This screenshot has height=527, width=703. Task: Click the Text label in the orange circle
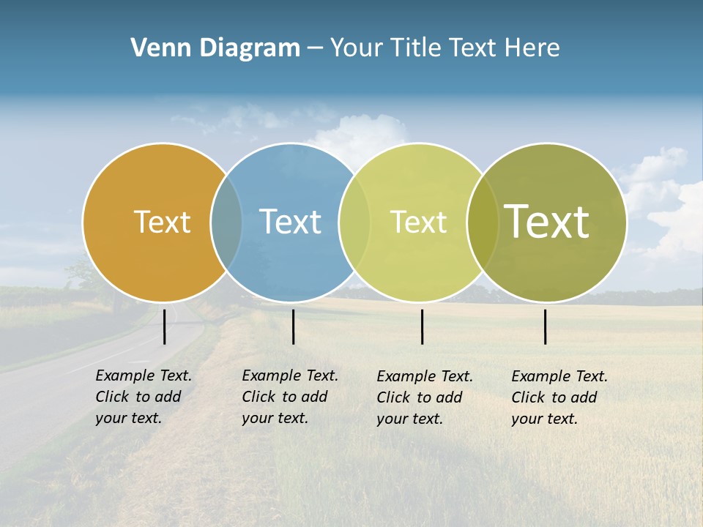pyautogui.click(x=162, y=222)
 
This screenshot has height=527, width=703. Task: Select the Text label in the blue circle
pyautogui.click(x=290, y=222)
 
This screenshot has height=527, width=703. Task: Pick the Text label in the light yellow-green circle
pyautogui.click(x=418, y=222)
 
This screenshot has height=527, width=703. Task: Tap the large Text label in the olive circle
pyautogui.click(x=547, y=221)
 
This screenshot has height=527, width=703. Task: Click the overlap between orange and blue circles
pyautogui.click(x=226, y=222)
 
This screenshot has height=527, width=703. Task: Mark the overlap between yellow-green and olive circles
pyautogui.click(x=483, y=222)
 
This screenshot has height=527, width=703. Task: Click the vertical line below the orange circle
pyautogui.click(x=165, y=326)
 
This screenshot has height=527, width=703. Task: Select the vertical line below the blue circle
pyautogui.click(x=293, y=326)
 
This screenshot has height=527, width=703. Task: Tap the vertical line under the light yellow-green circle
pyautogui.click(x=422, y=326)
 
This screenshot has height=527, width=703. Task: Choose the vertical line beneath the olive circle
pyautogui.click(x=546, y=326)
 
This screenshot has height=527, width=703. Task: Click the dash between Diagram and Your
pyautogui.click(x=315, y=48)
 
